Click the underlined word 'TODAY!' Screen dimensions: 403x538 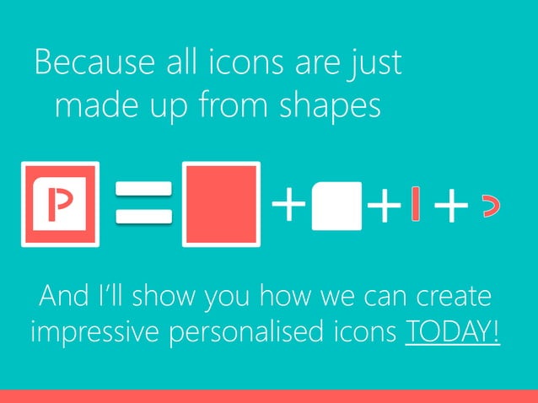[453, 330]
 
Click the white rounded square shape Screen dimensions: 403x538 [336, 205]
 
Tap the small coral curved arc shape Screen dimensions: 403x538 [488, 205]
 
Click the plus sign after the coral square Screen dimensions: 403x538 [288, 205]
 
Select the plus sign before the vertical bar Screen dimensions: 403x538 [384, 206]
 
